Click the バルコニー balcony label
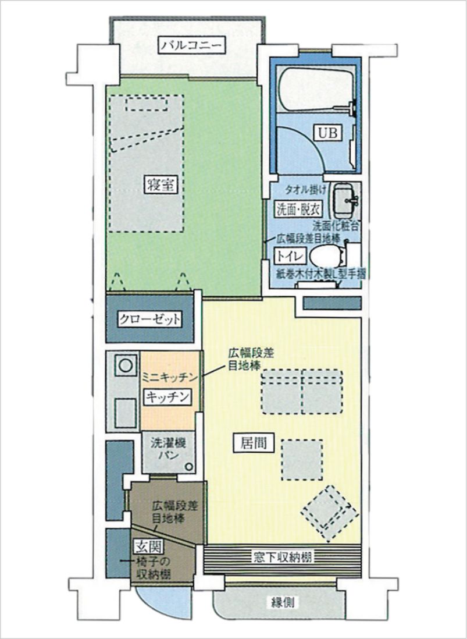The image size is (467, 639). [x=191, y=45]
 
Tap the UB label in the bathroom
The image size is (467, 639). [x=327, y=133]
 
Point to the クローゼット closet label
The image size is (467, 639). [x=149, y=319]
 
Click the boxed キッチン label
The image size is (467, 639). [x=167, y=396]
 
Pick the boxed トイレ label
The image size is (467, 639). [x=290, y=256]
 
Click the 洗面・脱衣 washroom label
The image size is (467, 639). [x=298, y=209]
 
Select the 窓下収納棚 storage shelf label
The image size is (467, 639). [x=283, y=557]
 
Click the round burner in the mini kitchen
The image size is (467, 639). [x=126, y=365]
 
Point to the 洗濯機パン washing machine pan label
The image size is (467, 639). [x=168, y=448]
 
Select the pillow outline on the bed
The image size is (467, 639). [x=147, y=104]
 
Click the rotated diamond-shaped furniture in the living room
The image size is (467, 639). [x=330, y=513]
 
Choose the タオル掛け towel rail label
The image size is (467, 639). [x=305, y=189]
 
